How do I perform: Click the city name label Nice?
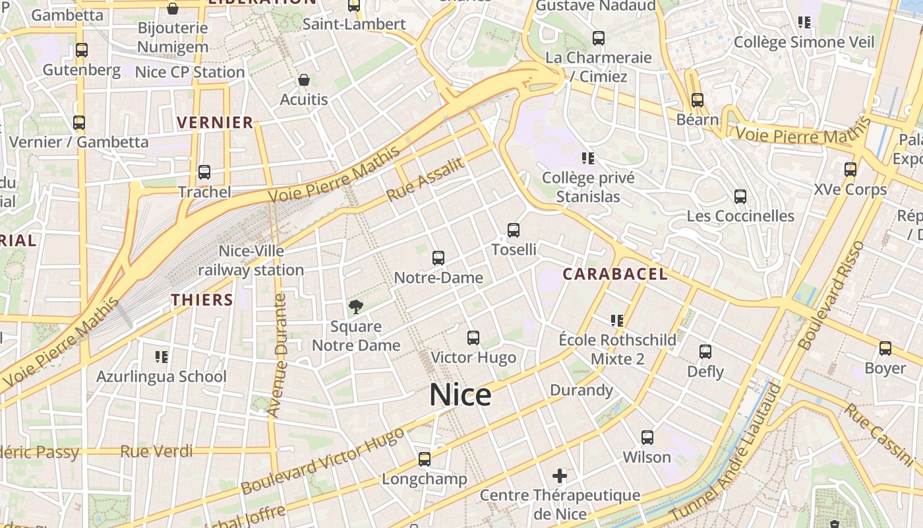coord(460,395)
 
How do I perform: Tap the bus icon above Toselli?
coord(514,230)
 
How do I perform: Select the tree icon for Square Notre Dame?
coord(355,306)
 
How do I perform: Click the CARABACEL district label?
coord(614,274)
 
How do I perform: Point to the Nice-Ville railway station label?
coord(251,261)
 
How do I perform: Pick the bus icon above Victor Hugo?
coord(473,338)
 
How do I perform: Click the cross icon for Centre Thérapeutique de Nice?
coord(560,475)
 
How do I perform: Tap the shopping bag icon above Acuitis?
coord(304,80)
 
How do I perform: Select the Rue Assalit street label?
coord(426,180)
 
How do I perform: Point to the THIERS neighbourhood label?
coord(202,300)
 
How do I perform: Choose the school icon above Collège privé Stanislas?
coord(588,158)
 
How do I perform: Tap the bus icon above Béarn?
coord(698,100)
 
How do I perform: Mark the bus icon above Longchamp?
coord(425,459)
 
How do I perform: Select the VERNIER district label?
coord(216,122)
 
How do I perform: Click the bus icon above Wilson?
coord(647,437)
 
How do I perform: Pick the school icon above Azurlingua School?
coord(162,357)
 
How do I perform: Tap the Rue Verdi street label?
coord(157,451)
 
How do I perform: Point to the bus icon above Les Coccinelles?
coord(740,196)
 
